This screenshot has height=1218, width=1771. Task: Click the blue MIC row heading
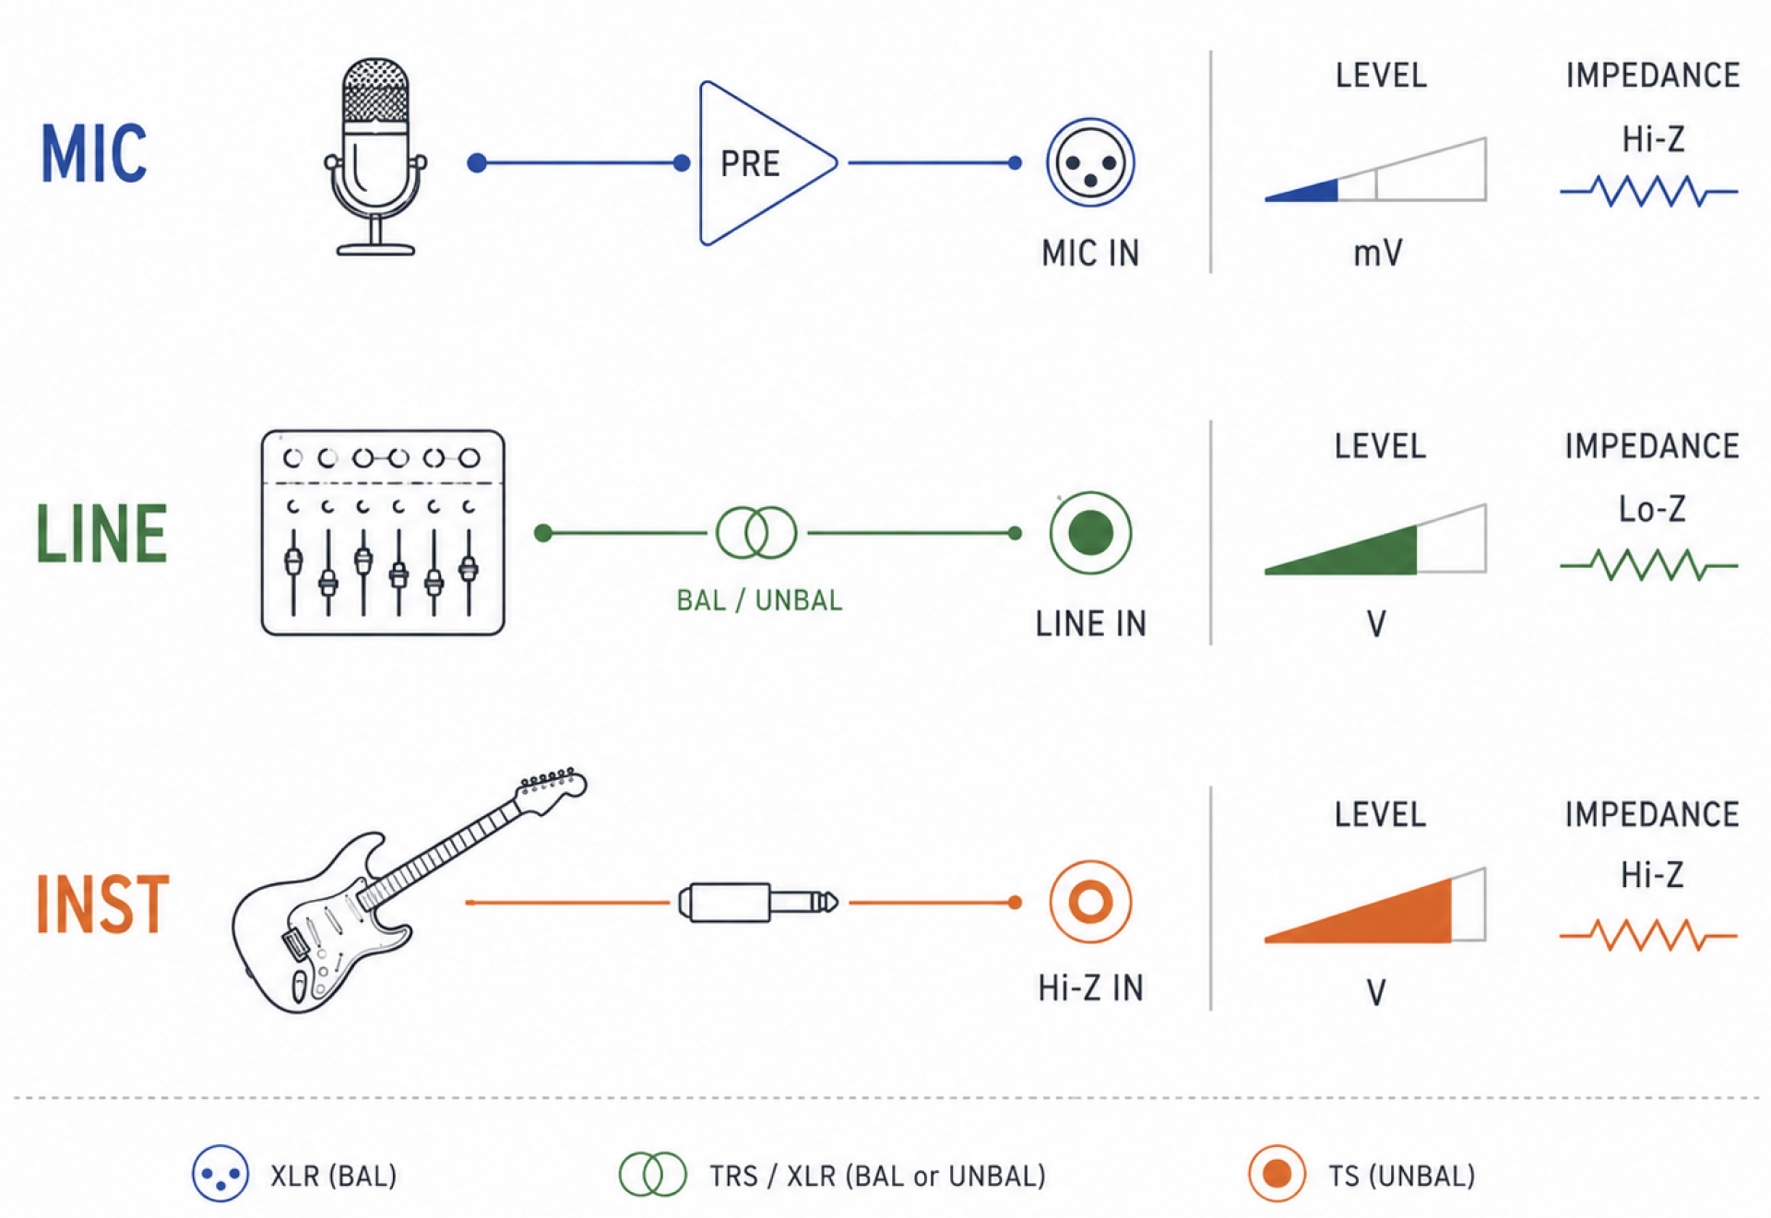[x=94, y=153]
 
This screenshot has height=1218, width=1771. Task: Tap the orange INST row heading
[x=102, y=904]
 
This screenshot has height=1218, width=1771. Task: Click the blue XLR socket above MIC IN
[x=1090, y=163]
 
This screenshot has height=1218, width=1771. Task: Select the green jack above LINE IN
[x=1090, y=533]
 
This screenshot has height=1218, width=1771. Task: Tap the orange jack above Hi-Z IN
[x=1090, y=902]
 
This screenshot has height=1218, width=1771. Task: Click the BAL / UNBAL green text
[x=759, y=600]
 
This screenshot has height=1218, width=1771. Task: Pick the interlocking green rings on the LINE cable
[x=756, y=533]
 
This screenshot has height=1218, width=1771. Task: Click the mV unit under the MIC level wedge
[x=1377, y=253]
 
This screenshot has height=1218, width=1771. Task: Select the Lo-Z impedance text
[x=1652, y=509]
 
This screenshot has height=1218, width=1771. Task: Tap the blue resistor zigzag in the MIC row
[x=1649, y=191]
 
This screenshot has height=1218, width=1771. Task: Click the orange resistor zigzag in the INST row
[x=1649, y=935]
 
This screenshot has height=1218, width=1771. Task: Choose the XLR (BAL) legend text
[x=334, y=1176]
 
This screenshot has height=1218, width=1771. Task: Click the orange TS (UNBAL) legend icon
[x=1277, y=1174]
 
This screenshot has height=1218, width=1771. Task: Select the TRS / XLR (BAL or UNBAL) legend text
[x=877, y=1176]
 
